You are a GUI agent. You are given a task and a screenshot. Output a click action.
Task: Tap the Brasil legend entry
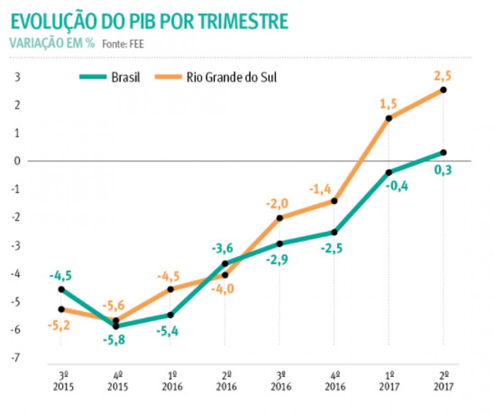126,77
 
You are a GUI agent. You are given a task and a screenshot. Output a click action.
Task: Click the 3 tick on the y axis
17,77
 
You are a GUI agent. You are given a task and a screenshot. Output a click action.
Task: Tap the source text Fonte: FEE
123,44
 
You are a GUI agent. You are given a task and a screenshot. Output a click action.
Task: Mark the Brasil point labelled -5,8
116,326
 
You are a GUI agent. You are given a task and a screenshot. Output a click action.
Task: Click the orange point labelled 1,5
389,118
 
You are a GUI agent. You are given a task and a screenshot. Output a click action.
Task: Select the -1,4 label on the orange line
321,189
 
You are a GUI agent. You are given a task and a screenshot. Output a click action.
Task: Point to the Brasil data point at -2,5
334,232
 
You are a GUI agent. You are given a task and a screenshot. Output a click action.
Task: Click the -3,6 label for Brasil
224,249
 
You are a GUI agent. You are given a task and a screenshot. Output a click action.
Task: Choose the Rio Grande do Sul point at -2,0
280,218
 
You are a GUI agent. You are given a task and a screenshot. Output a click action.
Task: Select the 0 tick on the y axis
17,161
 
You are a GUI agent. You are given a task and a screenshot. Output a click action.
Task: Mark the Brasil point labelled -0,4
389,172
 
